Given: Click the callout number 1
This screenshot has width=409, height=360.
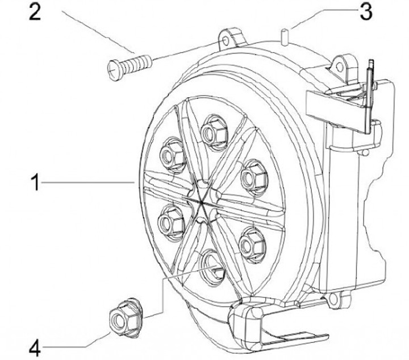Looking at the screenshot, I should pos(35,183).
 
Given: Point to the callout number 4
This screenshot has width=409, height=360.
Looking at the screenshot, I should pos(35,347).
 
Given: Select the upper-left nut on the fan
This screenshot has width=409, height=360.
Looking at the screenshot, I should pos(170,154).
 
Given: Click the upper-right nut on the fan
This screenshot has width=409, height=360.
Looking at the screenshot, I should pos(251,177).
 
